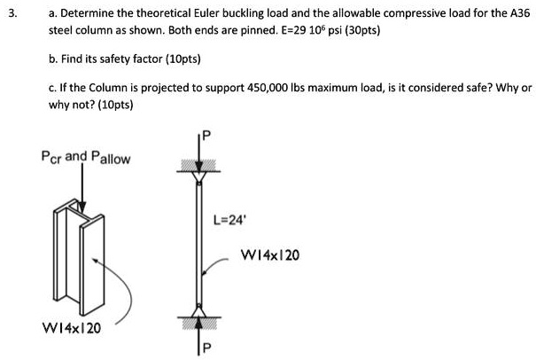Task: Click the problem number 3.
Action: tap(12, 13)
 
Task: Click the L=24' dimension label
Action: tap(229, 220)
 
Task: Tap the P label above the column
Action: tap(206, 137)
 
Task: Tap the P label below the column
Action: tap(206, 348)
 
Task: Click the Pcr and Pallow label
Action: tap(86, 158)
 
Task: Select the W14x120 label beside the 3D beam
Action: tap(71, 328)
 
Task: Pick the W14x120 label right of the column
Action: tap(270, 255)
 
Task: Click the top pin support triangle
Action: tap(198, 176)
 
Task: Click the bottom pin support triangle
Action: tap(198, 311)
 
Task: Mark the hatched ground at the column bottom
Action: tap(199, 324)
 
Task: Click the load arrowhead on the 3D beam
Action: tap(82, 207)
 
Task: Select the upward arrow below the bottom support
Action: tap(198, 336)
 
